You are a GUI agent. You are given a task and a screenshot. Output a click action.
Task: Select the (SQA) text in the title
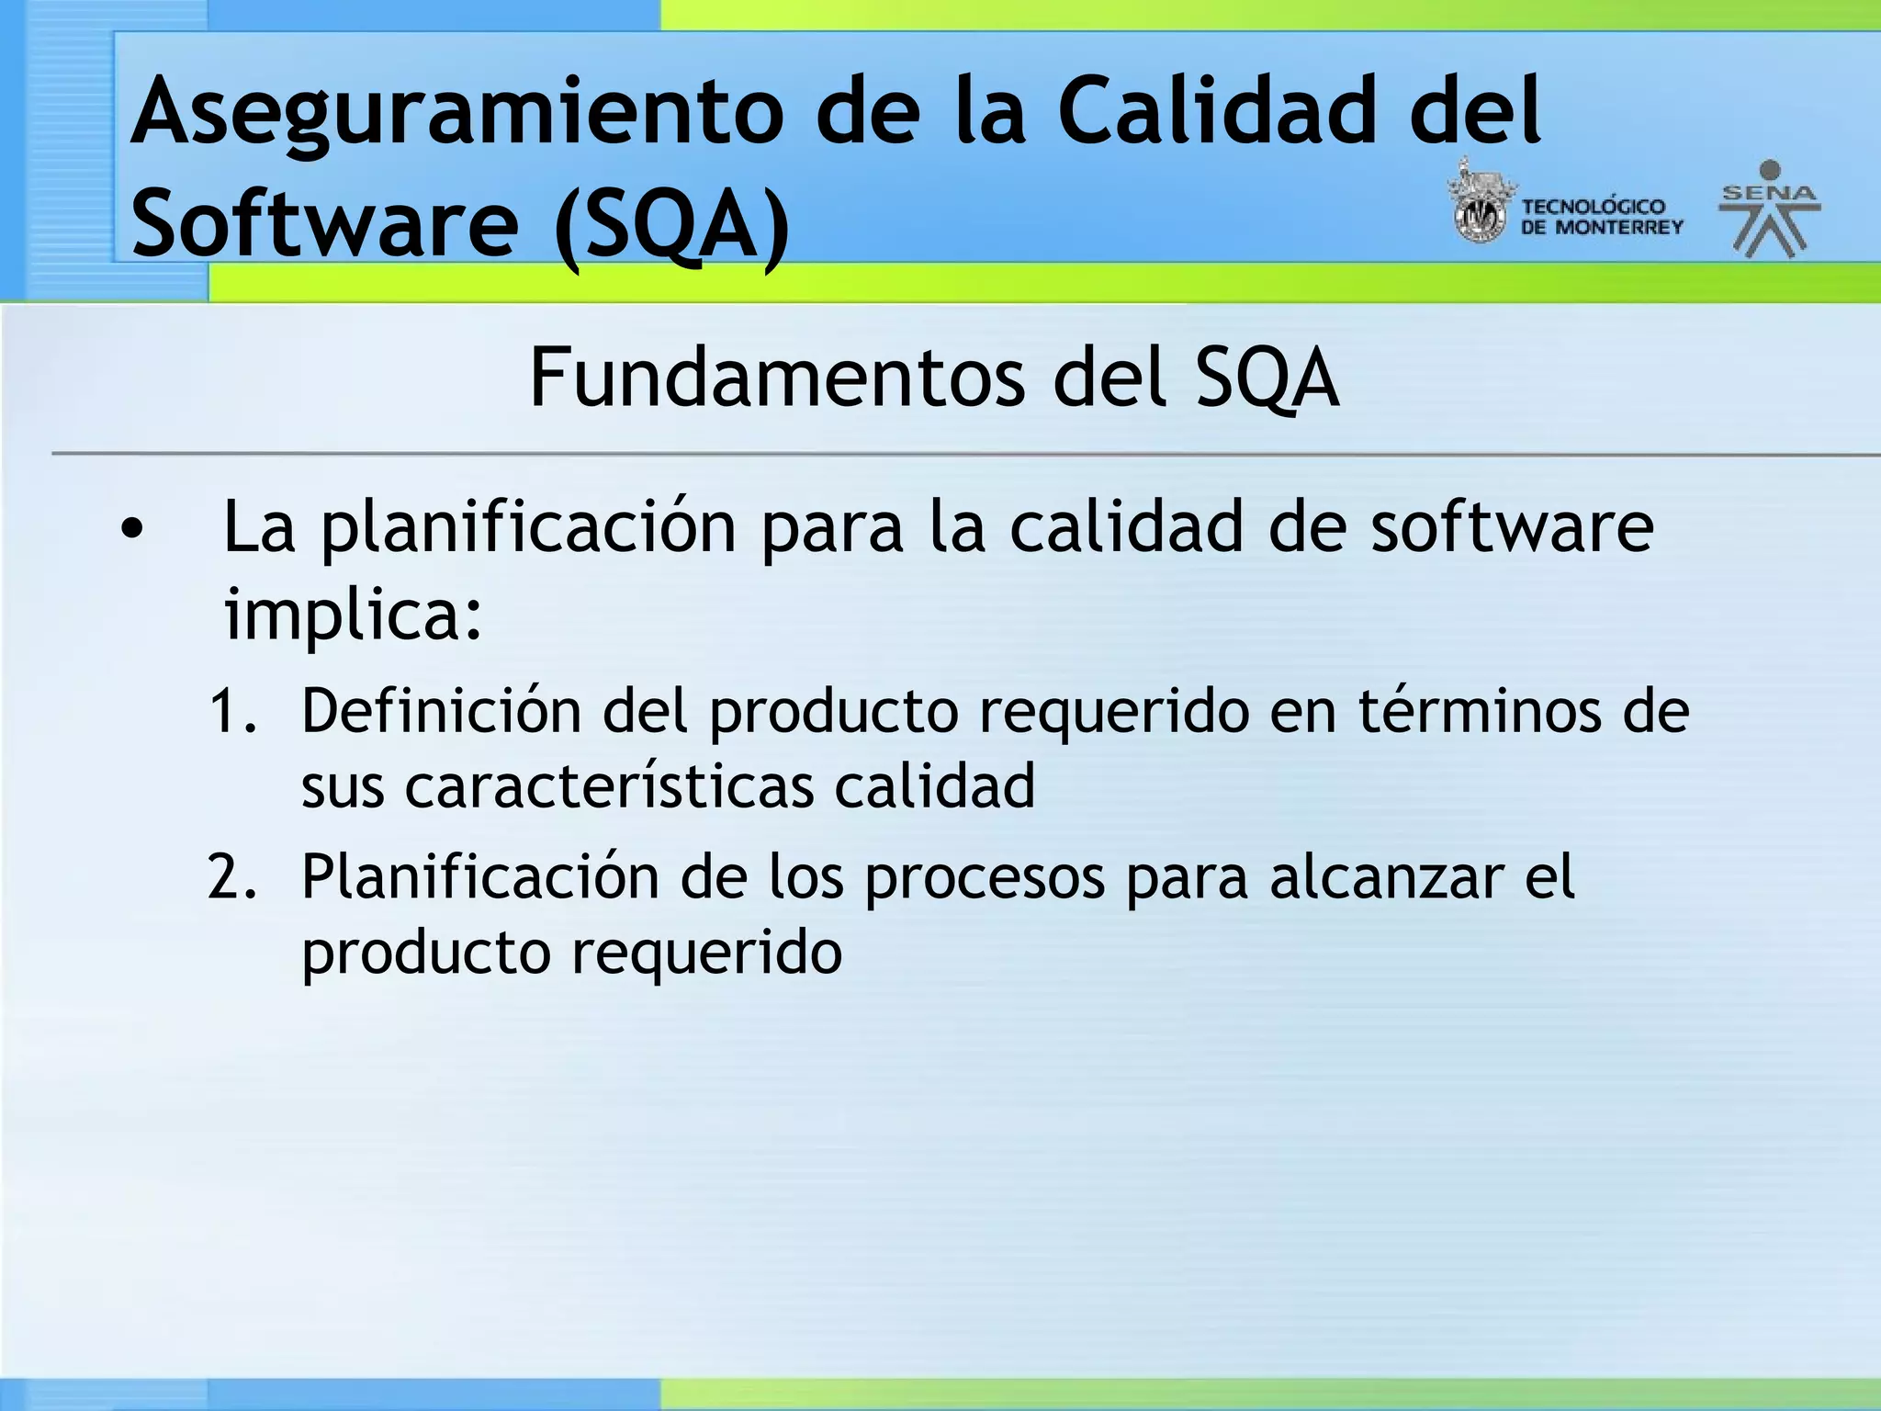pos(671,225)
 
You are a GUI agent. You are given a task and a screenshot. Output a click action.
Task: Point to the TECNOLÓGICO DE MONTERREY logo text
pos(1601,217)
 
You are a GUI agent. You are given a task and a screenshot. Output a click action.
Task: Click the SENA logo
pos(1770,209)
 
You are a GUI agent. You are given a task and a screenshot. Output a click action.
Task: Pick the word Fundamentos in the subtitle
pos(776,378)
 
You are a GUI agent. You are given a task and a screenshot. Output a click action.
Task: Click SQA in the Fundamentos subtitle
pos(1267,378)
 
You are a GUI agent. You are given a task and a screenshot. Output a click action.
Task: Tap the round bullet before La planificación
pos(132,528)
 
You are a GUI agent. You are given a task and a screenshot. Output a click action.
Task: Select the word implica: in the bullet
pos(354,614)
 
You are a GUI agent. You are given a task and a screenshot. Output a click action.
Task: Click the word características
pos(609,786)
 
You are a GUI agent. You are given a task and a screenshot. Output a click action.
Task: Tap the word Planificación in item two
pos(479,877)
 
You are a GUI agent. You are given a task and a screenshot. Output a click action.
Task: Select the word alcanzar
pos(1386,877)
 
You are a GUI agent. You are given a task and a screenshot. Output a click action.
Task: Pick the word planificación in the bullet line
pos(528,530)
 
